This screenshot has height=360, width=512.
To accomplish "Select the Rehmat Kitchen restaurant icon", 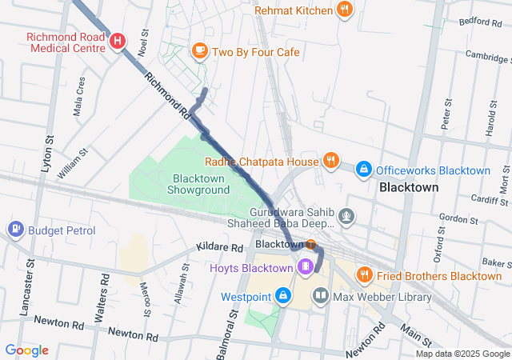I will (345, 10).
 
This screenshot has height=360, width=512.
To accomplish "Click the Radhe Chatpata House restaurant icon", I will (330, 162).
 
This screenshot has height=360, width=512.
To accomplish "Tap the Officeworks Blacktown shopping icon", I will (363, 170).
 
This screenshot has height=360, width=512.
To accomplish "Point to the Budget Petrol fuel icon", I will (15, 230).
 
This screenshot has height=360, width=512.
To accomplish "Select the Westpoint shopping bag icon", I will (282, 296).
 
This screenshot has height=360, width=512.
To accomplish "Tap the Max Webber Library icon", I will (321, 297).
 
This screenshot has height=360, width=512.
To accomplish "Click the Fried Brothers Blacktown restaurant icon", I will (365, 275).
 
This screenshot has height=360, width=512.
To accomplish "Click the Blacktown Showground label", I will (198, 184).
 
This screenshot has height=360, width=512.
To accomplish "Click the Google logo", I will (26, 350).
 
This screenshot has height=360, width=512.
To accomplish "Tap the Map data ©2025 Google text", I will (462, 354).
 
